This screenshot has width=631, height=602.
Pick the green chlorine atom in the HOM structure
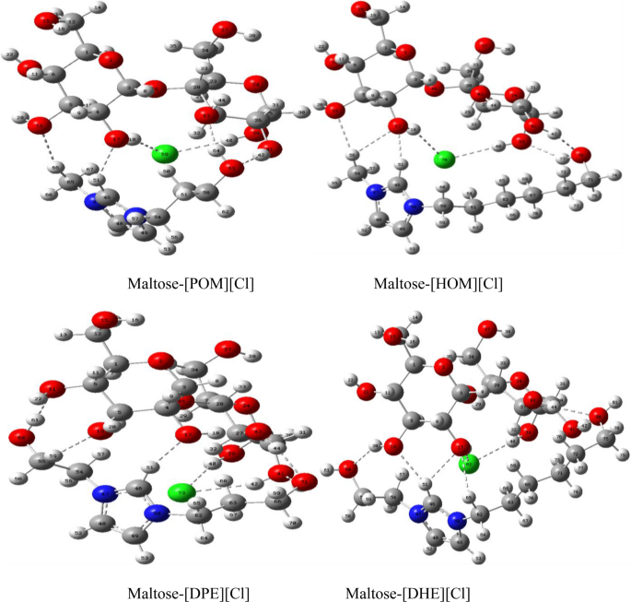[445, 159]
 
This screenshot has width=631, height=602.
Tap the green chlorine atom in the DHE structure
[469, 463]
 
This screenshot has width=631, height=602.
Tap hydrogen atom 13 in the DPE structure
[64, 332]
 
